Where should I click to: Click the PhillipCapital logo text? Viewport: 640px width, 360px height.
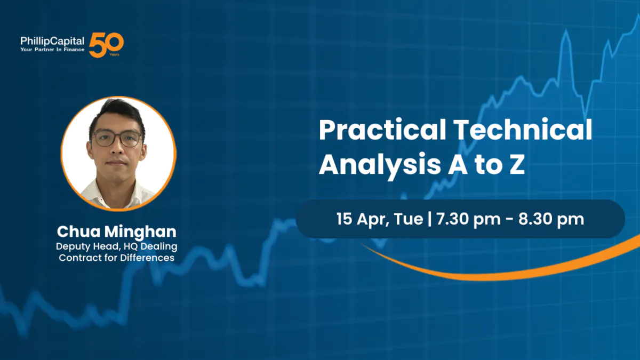[52, 41]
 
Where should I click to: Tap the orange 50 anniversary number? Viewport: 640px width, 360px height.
[106, 45]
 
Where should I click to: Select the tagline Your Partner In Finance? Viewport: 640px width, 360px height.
[52, 50]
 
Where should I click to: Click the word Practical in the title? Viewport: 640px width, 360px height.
[382, 131]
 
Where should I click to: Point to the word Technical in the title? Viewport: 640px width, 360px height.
[523, 130]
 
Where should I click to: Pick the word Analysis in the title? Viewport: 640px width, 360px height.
[380, 166]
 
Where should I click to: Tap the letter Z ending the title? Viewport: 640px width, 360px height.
[516, 165]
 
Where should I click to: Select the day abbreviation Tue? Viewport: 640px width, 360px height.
[409, 219]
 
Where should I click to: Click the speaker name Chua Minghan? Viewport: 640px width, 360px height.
[117, 232]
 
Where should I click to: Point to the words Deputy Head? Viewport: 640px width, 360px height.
[89, 247]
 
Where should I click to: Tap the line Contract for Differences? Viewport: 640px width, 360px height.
[117, 258]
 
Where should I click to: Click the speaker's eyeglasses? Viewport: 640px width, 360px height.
[118, 139]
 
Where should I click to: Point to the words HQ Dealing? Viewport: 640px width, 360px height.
[150, 247]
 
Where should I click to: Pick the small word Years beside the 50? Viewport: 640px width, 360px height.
[114, 54]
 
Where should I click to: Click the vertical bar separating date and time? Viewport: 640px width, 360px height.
[430, 219]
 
